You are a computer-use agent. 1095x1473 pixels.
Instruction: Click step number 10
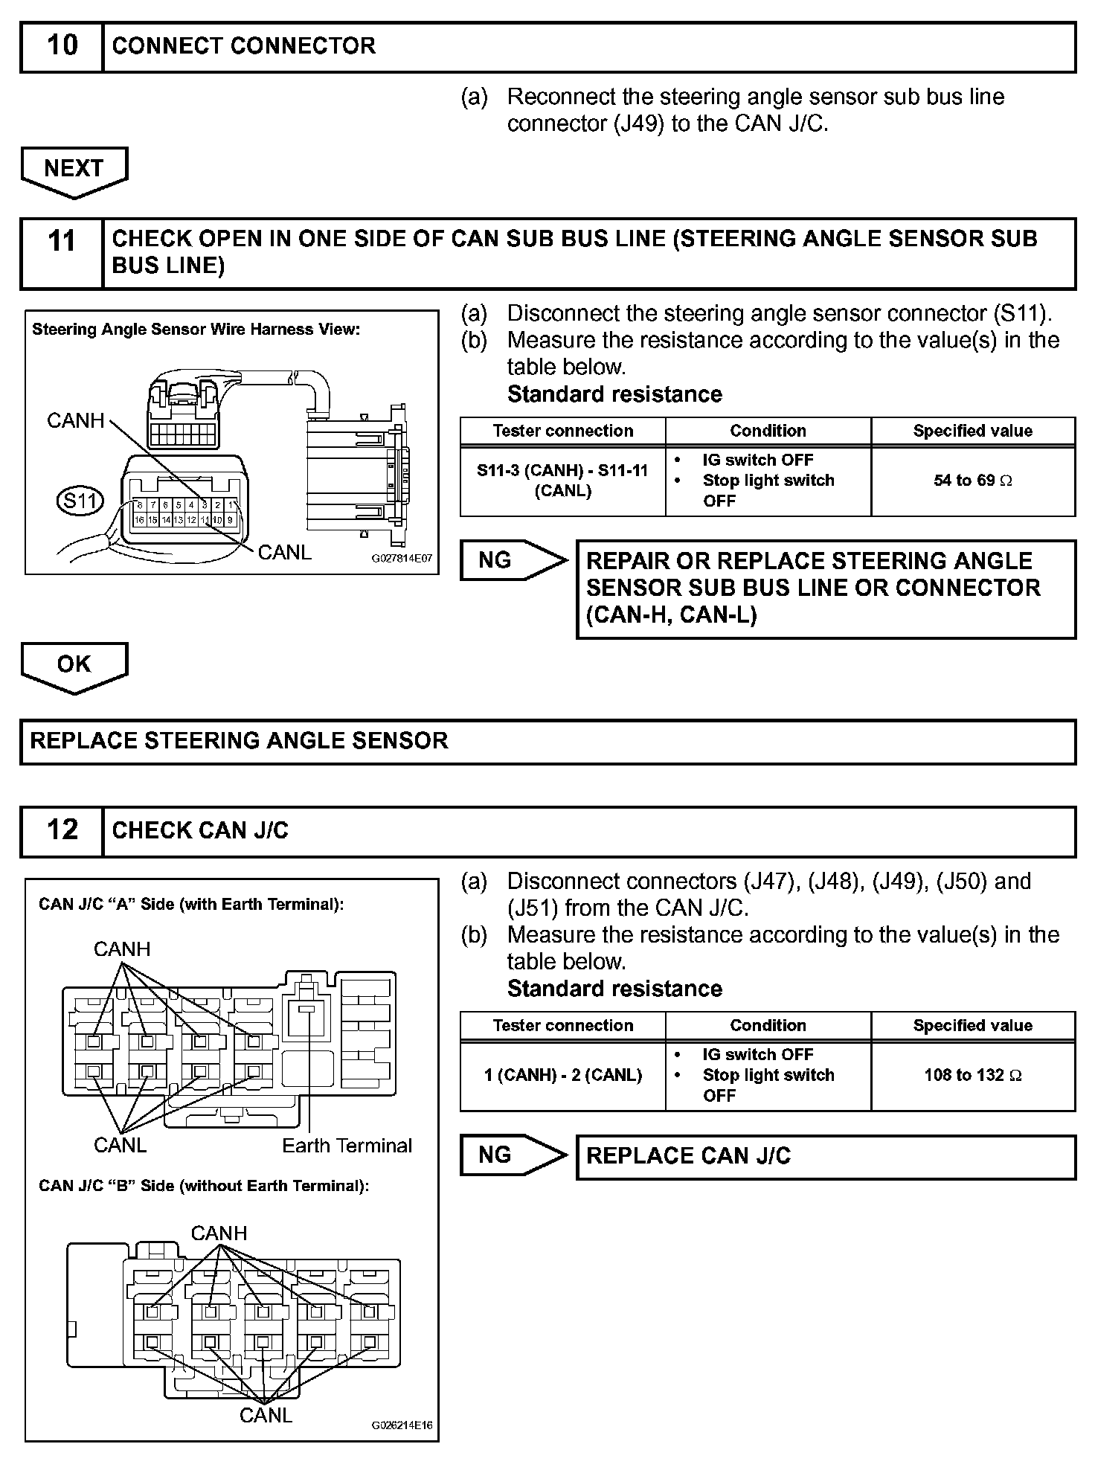[62, 46]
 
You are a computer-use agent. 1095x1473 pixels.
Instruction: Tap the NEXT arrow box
[74, 170]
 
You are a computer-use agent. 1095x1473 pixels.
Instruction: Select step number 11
[62, 242]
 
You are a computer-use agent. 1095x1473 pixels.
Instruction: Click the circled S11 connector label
[80, 501]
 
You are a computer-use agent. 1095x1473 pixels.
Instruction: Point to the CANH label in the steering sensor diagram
[76, 420]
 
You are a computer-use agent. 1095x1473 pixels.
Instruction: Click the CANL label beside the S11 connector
[284, 553]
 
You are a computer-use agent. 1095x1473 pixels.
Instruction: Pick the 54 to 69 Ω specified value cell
[972, 481]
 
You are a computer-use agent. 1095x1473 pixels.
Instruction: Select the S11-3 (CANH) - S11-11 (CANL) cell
[562, 481]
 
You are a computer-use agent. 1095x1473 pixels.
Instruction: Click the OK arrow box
[74, 665]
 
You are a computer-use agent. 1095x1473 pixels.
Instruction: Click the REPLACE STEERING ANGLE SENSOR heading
[240, 741]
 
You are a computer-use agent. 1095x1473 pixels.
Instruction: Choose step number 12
[62, 829]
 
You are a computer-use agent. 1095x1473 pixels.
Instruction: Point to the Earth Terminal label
[347, 1146]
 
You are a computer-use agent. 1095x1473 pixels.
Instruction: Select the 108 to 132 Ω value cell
[972, 1075]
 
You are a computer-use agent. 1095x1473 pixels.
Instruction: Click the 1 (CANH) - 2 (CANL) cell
[562, 1075]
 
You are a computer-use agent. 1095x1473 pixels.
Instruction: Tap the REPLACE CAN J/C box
[826, 1156]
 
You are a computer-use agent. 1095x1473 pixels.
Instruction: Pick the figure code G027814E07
[402, 558]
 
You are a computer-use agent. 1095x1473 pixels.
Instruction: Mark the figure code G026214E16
[402, 1426]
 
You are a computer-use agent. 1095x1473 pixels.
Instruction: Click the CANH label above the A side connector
[122, 949]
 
